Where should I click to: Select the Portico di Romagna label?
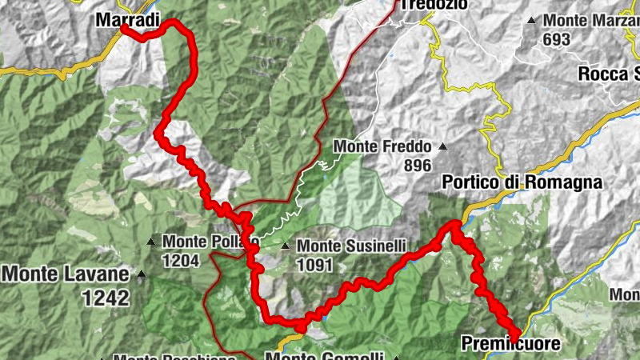click(x=522, y=182)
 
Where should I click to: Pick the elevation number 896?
click(x=418, y=166)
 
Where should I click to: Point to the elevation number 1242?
click(x=105, y=298)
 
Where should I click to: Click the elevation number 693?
click(x=556, y=39)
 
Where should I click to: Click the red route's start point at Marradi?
click(x=125, y=28)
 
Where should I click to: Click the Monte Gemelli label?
click(x=325, y=357)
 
